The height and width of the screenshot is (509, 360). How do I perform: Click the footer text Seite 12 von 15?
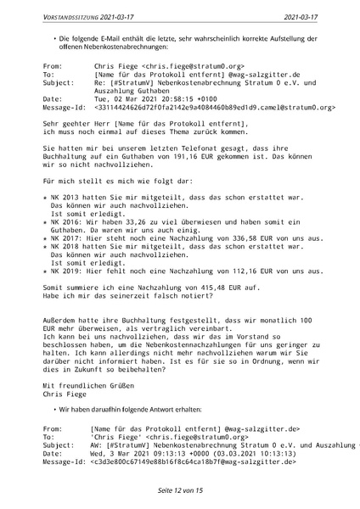(x=180, y=490)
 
